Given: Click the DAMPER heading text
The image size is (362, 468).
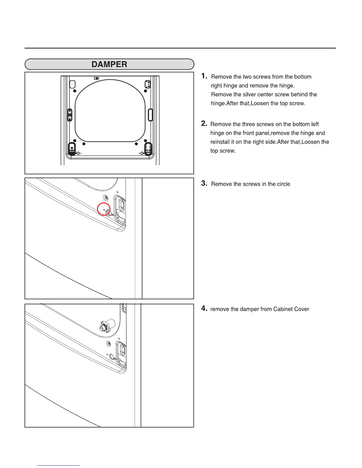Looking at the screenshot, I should pos(109,64).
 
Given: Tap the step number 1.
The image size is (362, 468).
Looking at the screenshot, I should pos(204,76).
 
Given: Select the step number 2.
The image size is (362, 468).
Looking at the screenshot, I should pos(204,123).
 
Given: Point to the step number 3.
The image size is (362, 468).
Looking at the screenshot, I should pos(204,183).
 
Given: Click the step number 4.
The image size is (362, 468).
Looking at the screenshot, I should pos(204,308).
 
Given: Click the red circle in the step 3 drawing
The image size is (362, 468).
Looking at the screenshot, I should pos(104,209).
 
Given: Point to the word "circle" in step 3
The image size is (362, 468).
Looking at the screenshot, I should pos(283,184).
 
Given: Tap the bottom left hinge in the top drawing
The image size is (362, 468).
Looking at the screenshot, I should pos(72,148).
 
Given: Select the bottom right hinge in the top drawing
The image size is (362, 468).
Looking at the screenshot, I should pos(148,149).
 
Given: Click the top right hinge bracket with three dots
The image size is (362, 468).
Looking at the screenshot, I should pos(148,84).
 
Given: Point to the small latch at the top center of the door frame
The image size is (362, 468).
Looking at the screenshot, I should pos(96,78).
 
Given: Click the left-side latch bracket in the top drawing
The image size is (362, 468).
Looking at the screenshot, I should pos(70,114).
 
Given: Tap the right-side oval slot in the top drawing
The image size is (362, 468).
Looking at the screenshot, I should pos(150,115).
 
